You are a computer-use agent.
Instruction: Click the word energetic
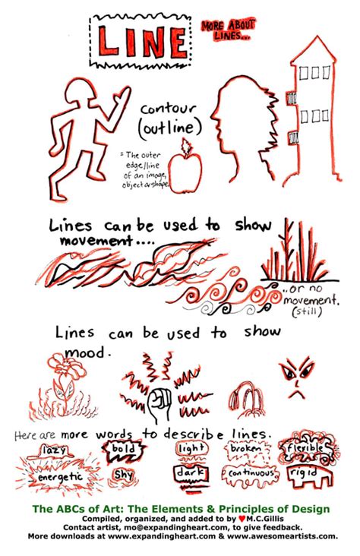[x=57, y=478]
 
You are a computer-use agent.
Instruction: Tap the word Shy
[x=122, y=475]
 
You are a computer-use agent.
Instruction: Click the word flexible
[x=305, y=449]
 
